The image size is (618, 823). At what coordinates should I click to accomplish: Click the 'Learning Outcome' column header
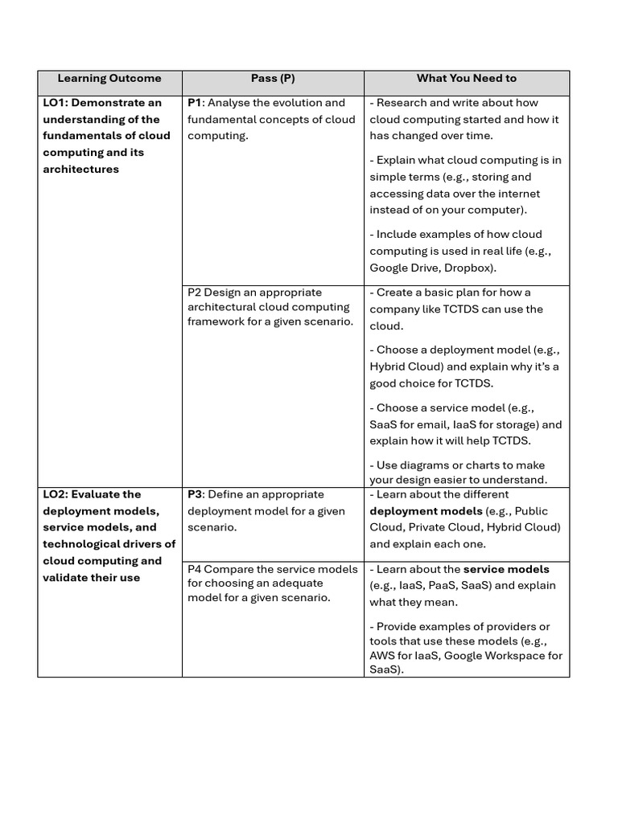[109, 79]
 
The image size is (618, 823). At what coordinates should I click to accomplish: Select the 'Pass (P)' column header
[273, 79]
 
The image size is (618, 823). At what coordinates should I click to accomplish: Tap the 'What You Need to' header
[466, 79]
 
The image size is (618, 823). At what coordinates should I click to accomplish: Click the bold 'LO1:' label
[56, 103]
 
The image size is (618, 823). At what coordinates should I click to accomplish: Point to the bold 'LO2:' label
[56, 494]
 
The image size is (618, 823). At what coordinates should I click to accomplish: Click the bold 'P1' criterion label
[196, 103]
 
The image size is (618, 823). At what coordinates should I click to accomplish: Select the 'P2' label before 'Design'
[195, 293]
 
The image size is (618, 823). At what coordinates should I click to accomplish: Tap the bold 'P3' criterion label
[196, 494]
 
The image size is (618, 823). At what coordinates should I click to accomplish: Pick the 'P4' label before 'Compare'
[195, 569]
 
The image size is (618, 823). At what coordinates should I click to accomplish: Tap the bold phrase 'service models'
[506, 569]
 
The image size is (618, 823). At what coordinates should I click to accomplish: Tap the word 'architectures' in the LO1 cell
[80, 169]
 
